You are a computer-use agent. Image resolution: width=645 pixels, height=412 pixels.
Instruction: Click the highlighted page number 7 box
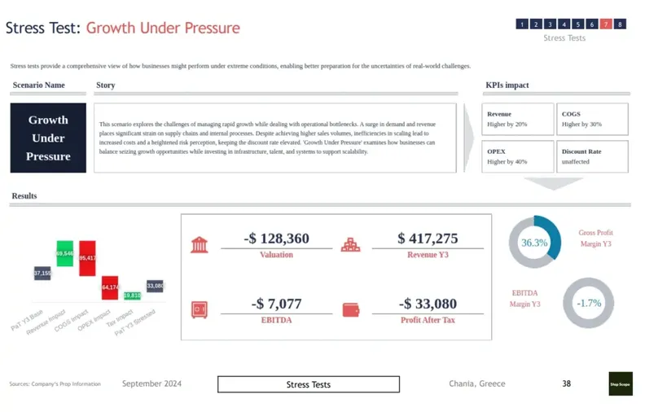pyautogui.click(x=606, y=24)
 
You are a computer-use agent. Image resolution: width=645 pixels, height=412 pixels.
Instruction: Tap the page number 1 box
pyautogui.click(x=521, y=24)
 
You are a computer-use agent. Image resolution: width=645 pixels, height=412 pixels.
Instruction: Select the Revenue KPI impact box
pyautogui.click(x=518, y=119)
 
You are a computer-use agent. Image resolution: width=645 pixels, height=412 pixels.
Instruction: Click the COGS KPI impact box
pyautogui.click(x=592, y=119)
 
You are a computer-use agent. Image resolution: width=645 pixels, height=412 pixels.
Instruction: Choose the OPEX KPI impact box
pyautogui.click(x=518, y=156)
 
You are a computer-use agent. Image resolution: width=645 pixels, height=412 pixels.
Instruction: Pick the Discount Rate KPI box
pyautogui.click(x=592, y=156)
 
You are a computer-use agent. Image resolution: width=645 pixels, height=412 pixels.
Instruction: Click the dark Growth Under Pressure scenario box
pyautogui.click(x=48, y=138)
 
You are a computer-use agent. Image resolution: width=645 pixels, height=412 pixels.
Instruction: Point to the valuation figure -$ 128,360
pyautogui.click(x=276, y=239)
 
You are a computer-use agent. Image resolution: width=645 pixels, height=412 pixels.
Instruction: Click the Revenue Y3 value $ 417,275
pyautogui.click(x=428, y=239)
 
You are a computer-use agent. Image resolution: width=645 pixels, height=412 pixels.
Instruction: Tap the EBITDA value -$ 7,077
pyautogui.click(x=276, y=304)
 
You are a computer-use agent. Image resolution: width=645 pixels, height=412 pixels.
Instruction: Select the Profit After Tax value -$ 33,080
pyautogui.click(x=428, y=304)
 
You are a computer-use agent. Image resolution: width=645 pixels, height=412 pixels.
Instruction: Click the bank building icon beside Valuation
pyautogui.click(x=199, y=244)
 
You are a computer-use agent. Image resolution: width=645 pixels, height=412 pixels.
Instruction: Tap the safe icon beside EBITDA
pyautogui.click(x=199, y=309)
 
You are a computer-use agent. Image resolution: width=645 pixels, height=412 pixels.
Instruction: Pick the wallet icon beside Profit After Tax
pyautogui.click(x=351, y=309)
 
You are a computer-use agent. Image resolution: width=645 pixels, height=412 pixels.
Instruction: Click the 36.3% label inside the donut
pyautogui.click(x=534, y=243)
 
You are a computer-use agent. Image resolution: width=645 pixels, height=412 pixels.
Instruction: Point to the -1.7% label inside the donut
pyautogui.click(x=588, y=304)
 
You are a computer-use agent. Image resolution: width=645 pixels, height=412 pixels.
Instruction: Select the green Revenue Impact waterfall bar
pyautogui.click(x=65, y=253)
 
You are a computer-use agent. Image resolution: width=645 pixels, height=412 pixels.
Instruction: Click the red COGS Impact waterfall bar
pyautogui.click(x=87, y=258)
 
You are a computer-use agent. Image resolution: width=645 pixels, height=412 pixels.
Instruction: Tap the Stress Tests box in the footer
pyautogui.click(x=308, y=384)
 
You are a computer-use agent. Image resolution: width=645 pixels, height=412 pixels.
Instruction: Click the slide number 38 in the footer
pyautogui.click(x=566, y=384)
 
